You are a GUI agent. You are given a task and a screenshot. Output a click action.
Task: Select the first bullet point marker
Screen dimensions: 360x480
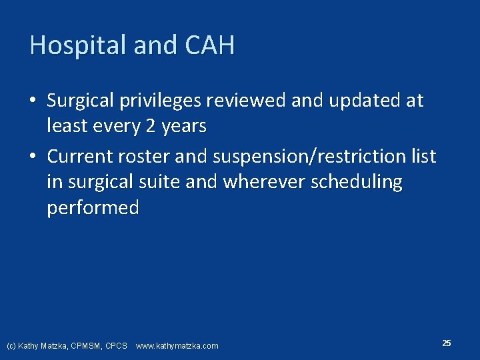(33, 101)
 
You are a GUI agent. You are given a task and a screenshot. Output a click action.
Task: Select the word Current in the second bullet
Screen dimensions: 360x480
(80, 157)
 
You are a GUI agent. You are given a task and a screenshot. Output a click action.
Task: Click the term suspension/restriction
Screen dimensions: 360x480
(307, 157)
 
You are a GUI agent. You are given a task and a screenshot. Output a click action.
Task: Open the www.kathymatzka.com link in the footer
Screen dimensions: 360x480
(177, 346)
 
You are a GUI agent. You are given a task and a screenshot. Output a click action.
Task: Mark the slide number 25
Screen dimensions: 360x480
(446, 343)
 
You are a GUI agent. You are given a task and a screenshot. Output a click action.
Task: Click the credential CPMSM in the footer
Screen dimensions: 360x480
(83, 346)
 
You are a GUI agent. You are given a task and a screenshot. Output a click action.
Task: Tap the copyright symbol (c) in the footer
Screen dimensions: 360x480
(11, 346)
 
